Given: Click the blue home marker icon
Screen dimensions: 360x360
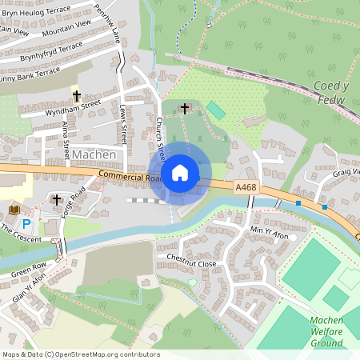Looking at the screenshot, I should click(x=180, y=172).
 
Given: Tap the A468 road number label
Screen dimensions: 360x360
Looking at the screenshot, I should click(x=246, y=186).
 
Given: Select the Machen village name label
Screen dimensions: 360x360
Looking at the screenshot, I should click(x=94, y=154).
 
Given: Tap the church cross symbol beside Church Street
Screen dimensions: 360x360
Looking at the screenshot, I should click(x=185, y=107).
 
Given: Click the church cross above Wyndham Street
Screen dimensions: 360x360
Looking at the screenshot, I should click(x=77, y=95).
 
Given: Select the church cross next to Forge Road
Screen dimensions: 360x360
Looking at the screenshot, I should click(x=57, y=198).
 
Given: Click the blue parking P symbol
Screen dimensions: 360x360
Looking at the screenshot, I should click(x=26, y=225).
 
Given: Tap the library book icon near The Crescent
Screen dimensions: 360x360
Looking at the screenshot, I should click(x=14, y=210).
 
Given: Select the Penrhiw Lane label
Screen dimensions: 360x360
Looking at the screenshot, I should click(x=107, y=27).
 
